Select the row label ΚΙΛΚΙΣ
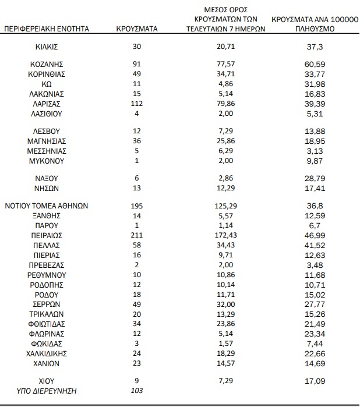[x=46, y=47]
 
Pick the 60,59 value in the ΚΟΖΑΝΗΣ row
[x=314, y=64]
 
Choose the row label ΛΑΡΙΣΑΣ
[x=46, y=102]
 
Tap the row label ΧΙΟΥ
[x=46, y=381]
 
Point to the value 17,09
[x=314, y=381]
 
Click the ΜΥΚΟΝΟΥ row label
[x=46, y=160]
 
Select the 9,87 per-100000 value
[x=314, y=160]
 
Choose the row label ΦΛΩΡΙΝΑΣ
[x=46, y=333]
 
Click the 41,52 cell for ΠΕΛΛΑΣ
[x=314, y=245]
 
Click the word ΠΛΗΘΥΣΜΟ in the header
[x=315, y=27]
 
